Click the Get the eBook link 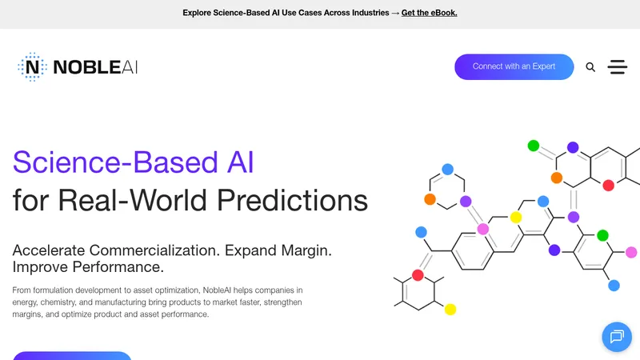coord(429,13)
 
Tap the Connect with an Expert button coord(514,66)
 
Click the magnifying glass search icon coord(590,67)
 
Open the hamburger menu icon coord(617,67)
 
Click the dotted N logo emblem coord(32,67)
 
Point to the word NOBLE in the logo coord(87,67)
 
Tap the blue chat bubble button coord(617,337)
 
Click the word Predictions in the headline coord(292,201)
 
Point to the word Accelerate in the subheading coord(49,250)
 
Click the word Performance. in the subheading coord(118,267)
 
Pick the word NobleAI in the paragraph coord(217,290)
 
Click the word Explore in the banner coord(197,13)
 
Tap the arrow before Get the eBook coord(395,13)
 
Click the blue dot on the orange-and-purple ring coord(447,169)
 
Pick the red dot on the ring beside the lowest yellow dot coord(418,275)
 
